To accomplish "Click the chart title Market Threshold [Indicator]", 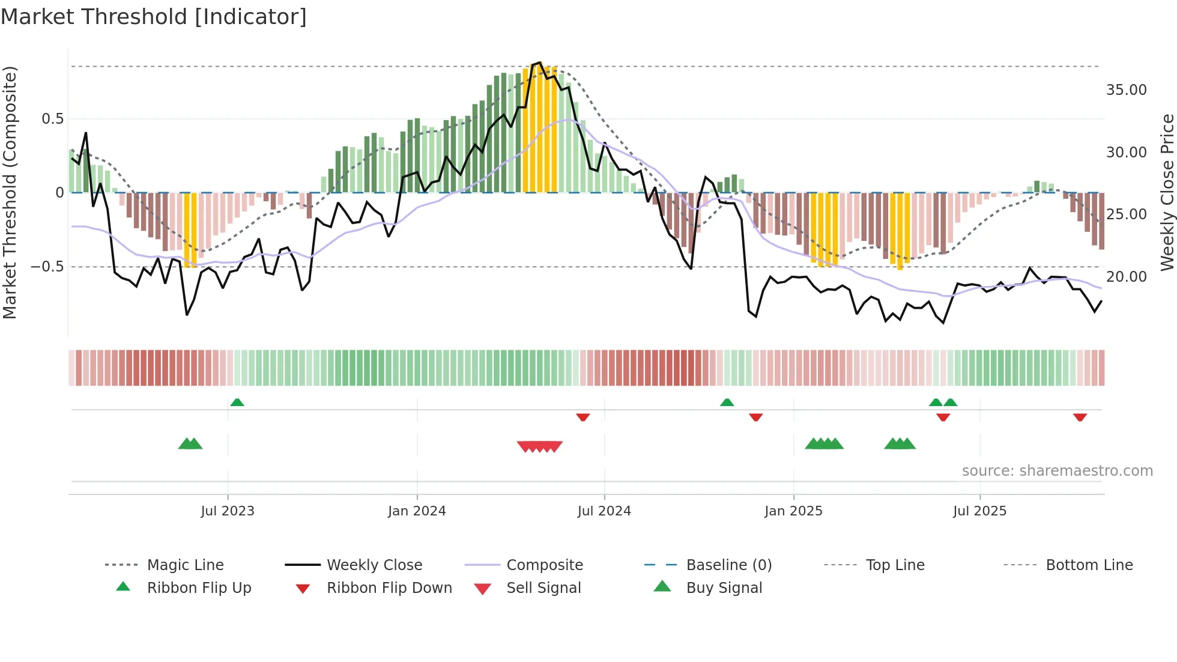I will click(154, 17).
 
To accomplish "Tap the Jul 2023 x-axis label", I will click(228, 511).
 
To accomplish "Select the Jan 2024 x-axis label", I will click(417, 511).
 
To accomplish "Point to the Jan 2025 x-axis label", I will click(793, 511).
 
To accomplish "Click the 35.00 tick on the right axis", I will click(1126, 90).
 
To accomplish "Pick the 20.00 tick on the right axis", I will click(1126, 277).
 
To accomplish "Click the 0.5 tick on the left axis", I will click(53, 119).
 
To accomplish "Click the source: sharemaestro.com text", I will click(1057, 471).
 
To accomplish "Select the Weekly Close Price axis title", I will click(1167, 192).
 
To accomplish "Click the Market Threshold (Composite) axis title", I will click(10, 192).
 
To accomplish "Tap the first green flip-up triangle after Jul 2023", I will click(237, 402).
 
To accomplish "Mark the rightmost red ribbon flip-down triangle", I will click(1080, 417).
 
